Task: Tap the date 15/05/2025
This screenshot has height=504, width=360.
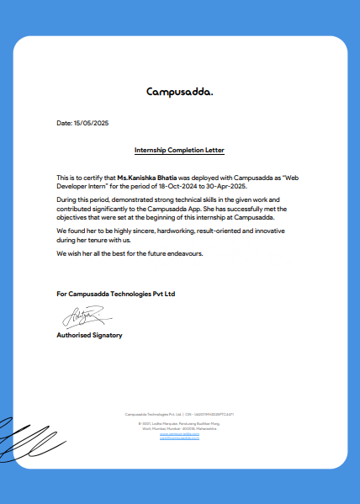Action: coord(92,124)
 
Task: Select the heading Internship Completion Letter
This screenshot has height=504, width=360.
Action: coord(179,151)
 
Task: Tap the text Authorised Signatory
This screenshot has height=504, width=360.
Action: coord(89,335)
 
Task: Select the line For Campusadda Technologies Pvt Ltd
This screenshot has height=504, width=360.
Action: coord(116,294)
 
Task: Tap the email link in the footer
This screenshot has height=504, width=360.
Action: coord(179,439)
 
